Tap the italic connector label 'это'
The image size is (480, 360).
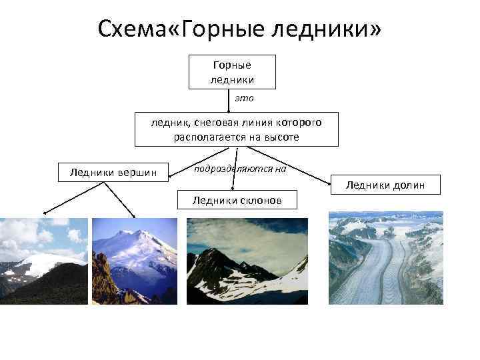244,98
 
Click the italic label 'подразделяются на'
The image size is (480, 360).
239,169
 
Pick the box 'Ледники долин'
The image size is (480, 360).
385,185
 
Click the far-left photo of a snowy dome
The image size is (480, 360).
43,261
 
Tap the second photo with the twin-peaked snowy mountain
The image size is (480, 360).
135,261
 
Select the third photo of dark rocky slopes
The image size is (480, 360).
247,261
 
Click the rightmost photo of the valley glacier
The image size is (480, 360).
385,258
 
